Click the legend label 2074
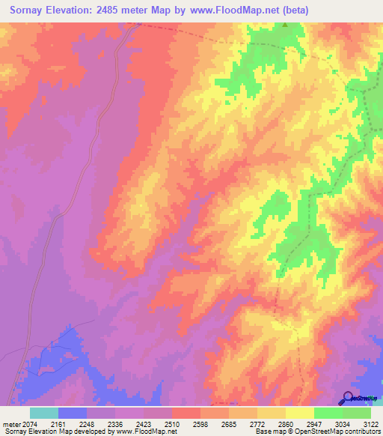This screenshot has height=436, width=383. point(28,423)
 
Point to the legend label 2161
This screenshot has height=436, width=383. point(59,423)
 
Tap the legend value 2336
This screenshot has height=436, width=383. point(116,423)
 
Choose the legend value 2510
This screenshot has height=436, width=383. point(173,423)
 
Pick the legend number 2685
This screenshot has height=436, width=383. point(230,423)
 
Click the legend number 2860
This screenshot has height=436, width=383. point(287,423)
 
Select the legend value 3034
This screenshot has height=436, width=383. point(343,423)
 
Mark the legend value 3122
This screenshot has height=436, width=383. point(372,423)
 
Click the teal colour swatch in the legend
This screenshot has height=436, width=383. point(44,413)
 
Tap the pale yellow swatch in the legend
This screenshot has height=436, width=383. point(300,413)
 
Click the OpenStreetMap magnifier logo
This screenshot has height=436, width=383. point(348,397)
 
